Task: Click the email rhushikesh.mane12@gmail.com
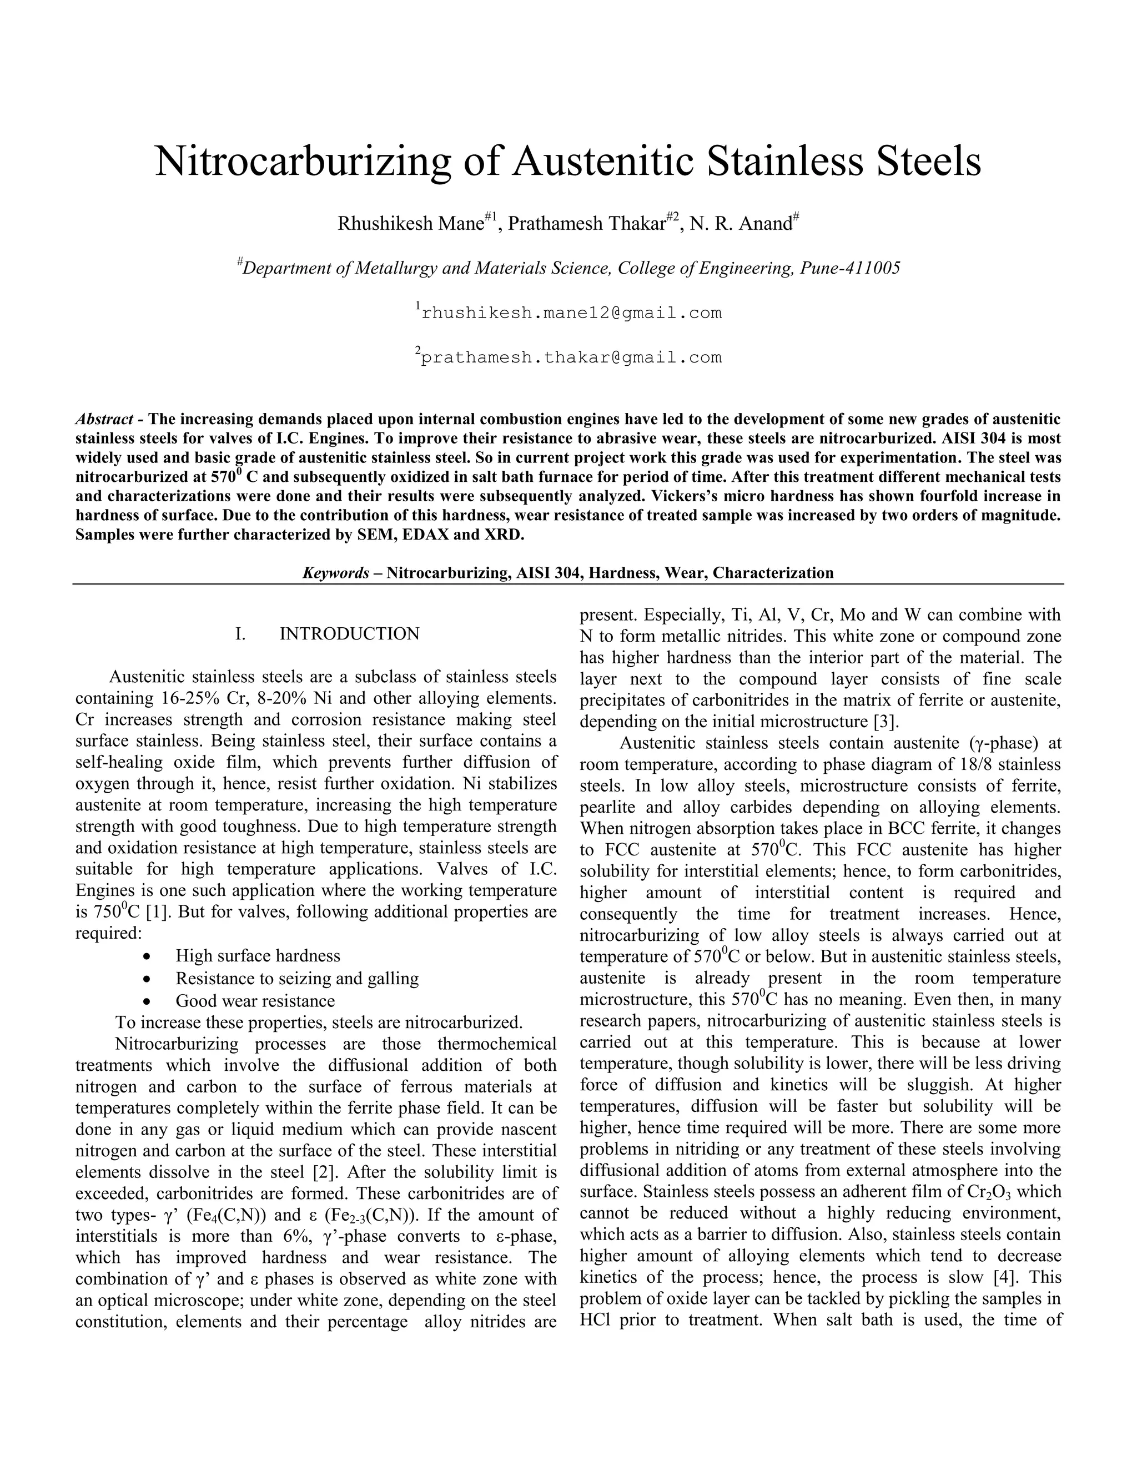pos(571,313)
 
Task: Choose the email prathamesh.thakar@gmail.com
pos(571,357)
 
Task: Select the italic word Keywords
pos(335,573)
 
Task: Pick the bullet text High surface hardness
pos(258,956)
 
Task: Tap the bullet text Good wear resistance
pos(255,1001)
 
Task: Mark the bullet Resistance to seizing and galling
pos(297,978)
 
